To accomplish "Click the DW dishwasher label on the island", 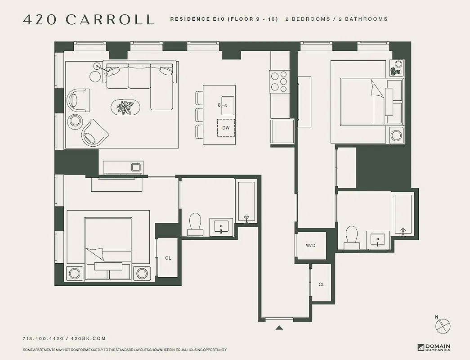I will [226, 128].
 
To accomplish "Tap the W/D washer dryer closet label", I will [311, 246].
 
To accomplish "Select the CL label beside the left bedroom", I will [168, 258].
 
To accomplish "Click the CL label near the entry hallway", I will [322, 284].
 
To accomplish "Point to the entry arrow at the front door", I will [279, 328].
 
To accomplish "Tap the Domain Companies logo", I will [434, 347].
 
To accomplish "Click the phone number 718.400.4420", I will [43, 338].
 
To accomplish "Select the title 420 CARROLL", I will [89, 19].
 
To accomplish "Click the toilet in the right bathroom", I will [351, 237].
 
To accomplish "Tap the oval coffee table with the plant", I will [125, 108].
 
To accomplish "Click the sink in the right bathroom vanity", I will [377, 240].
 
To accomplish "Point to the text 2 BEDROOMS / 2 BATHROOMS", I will [336, 19].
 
